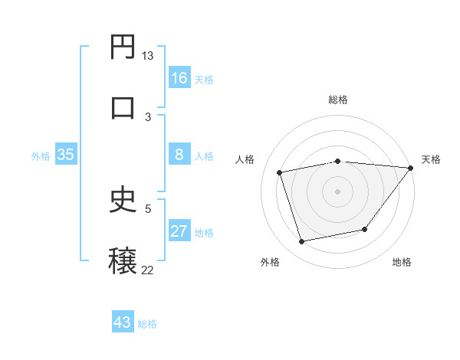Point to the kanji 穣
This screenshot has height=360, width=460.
(123, 260)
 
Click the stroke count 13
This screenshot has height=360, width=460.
(147, 56)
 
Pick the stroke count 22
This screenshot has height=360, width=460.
(147, 269)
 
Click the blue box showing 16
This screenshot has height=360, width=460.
(179, 77)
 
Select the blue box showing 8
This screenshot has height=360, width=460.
(179, 155)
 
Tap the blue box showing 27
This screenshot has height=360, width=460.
(179, 231)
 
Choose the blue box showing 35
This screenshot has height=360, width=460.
(66, 155)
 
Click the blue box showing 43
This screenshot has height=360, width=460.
(123, 322)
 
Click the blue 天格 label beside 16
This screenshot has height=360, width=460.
(204, 79)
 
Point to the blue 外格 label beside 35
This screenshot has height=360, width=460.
(41, 156)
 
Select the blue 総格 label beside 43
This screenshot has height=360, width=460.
(147, 324)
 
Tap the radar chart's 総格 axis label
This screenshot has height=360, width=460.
(338, 100)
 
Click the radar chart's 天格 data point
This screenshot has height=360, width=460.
(410, 168)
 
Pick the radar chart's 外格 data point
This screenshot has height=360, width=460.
(302, 242)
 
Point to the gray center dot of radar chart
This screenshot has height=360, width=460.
(338, 191)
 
